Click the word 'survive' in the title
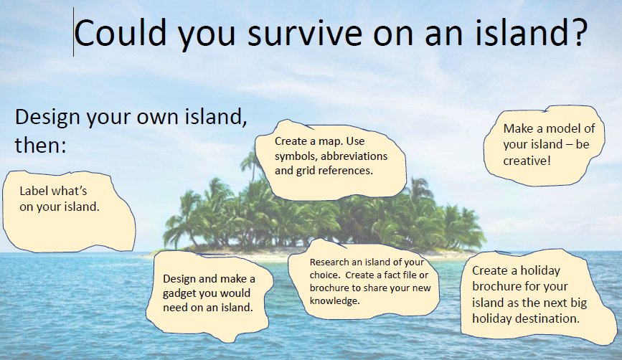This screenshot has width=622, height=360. pos(305,33)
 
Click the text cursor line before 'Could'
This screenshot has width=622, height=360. pos(73,32)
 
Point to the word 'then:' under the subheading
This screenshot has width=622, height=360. pos(40,145)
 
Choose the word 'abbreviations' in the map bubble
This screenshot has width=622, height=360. pos(354,156)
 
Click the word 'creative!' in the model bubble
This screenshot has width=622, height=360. pos(527,161)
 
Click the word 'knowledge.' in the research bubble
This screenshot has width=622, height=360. pos(335,301)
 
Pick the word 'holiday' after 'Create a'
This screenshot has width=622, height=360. pos(540,270)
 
